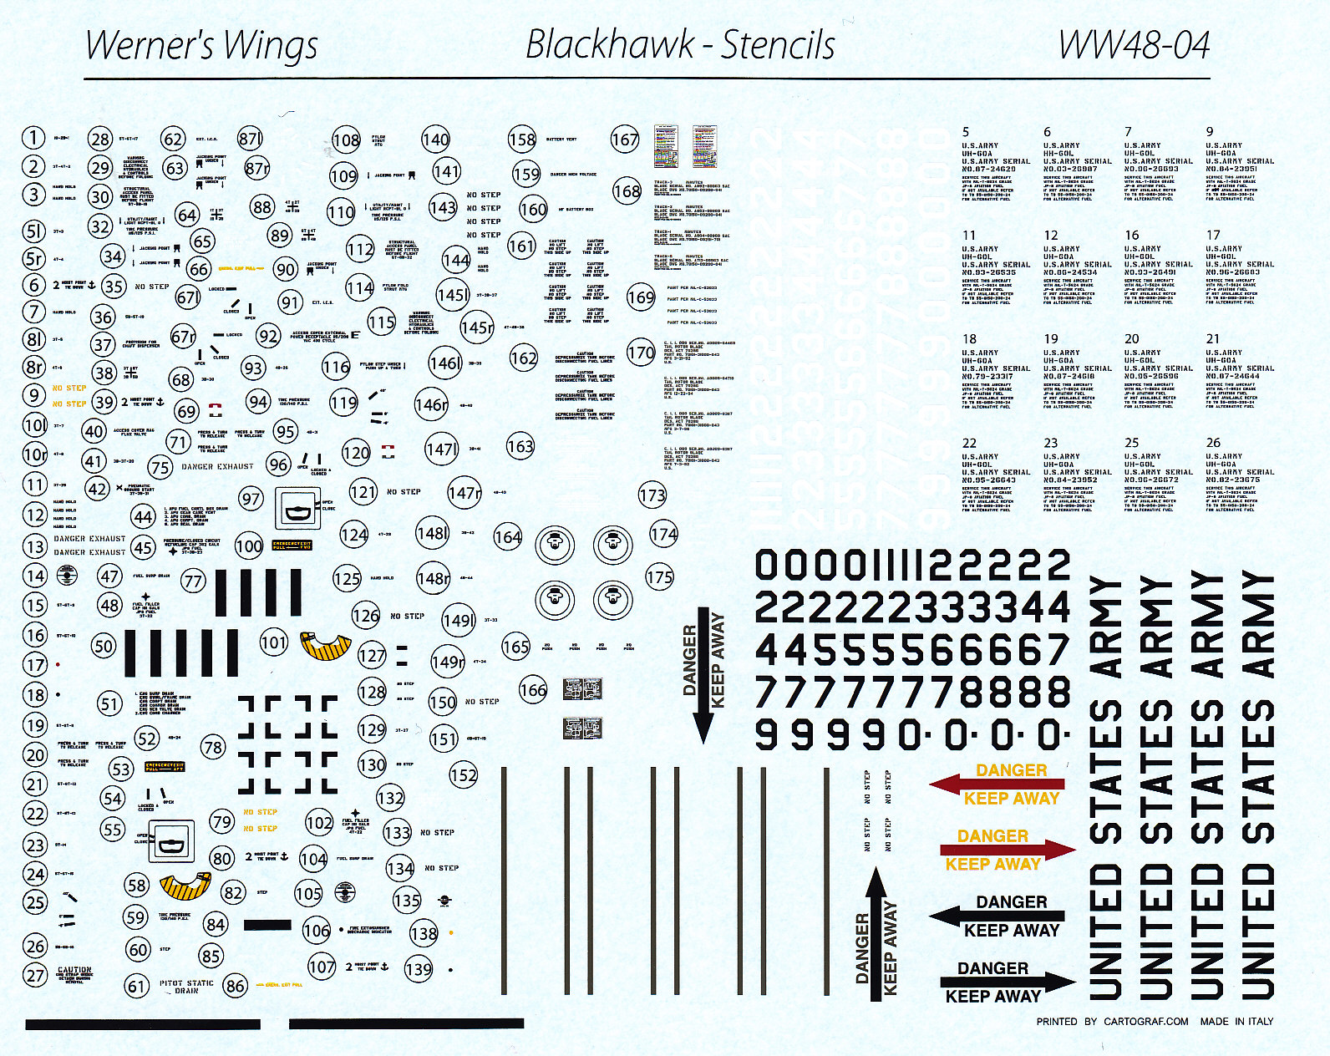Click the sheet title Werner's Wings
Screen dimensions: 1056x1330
(201, 46)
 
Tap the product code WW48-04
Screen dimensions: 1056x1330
(1134, 45)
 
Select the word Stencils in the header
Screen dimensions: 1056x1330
(778, 45)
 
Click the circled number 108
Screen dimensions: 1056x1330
(346, 140)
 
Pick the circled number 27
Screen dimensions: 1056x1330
(34, 975)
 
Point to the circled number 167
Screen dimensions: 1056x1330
(624, 140)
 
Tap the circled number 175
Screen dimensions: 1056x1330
(659, 576)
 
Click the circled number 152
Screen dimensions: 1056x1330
(463, 775)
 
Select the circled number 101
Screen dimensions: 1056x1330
(273, 642)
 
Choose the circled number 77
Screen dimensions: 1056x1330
(193, 581)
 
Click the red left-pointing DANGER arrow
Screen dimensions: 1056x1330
(997, 784)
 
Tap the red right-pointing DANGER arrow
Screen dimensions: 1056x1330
(1008, 850)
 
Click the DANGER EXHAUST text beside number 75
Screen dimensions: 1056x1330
(217, 466)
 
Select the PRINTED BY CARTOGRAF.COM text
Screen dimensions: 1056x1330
(1112, 1021)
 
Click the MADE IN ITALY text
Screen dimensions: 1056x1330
(1236, 1021)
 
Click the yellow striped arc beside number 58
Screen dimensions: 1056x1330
(184, 886)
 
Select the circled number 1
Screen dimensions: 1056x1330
(33, 138)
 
